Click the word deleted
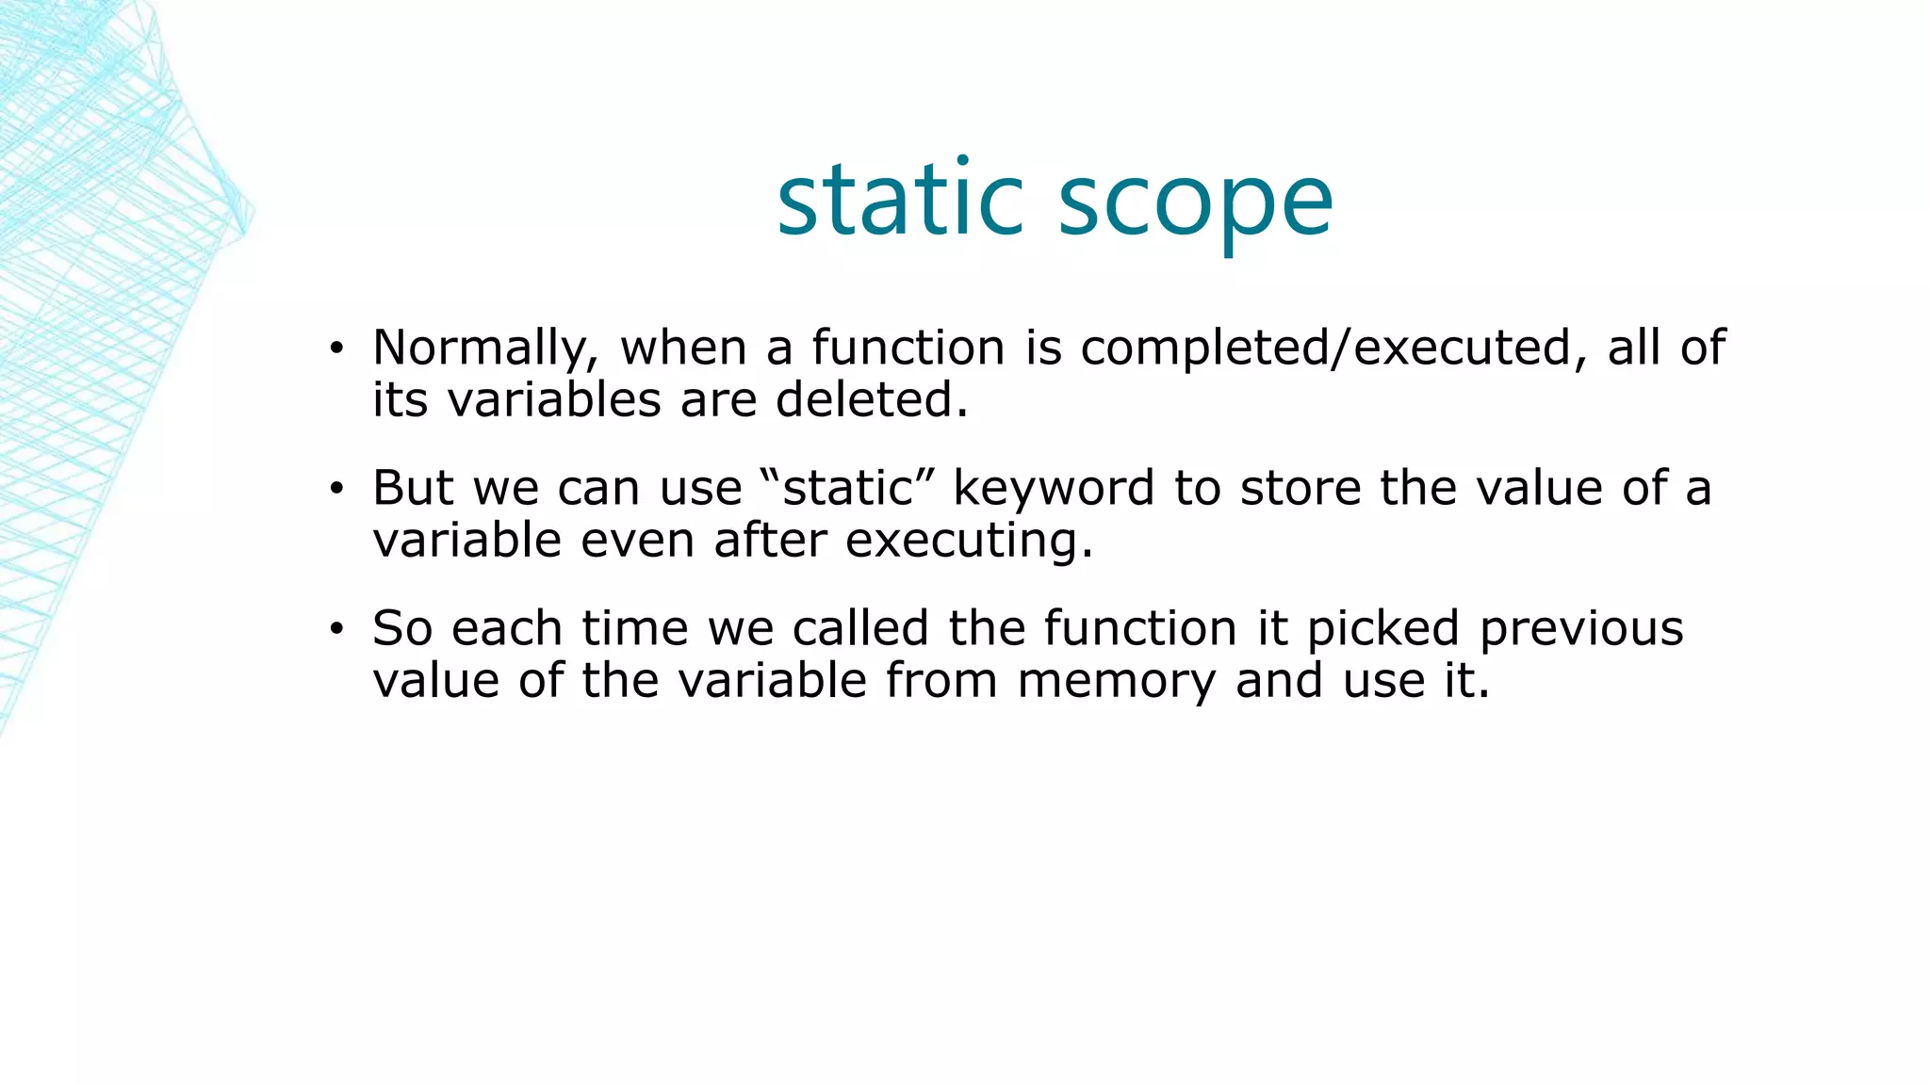(872, 399)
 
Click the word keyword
(1054, 490)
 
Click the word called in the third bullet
(860, 628)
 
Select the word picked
(1382, 629)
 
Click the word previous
(1580, 629)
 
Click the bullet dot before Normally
(336, 349)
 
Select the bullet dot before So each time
(336, 629)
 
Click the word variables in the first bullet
(554, 399)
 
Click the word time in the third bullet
(634, 628)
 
